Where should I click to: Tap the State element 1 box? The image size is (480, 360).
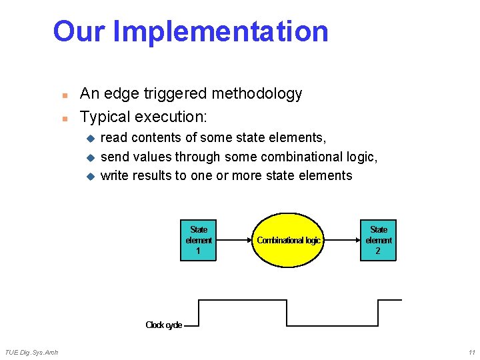pyautogui.click(x=199, y=240)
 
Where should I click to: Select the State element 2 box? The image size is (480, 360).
pyautogui.click(x=378, y=240)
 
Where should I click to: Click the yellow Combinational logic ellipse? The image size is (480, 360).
pyautogui.click(x=289, y=240)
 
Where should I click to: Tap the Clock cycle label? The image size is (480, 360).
pyautogui.click(x=163, y=325)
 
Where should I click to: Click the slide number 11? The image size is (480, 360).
pyautogui.click(x=471, y=352)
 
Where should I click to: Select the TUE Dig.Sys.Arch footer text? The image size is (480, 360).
pyautogui.click(x=31, y=352)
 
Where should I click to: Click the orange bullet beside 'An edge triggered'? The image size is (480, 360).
pyautogui.click(x=65, y=95)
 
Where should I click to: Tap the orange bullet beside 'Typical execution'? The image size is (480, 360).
pyautogui.click(x=65, y=119)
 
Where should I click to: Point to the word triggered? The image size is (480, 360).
pyautogui.click(x=174, y=94)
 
